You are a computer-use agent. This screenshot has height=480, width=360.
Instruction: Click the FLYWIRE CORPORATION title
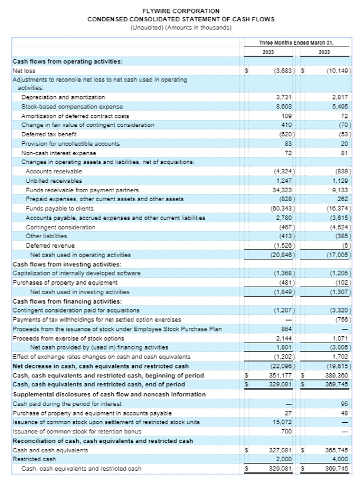coord(181,11)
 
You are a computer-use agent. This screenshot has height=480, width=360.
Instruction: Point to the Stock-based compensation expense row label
coord(72,106)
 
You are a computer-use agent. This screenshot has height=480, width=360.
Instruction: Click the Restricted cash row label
coord(34,459)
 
